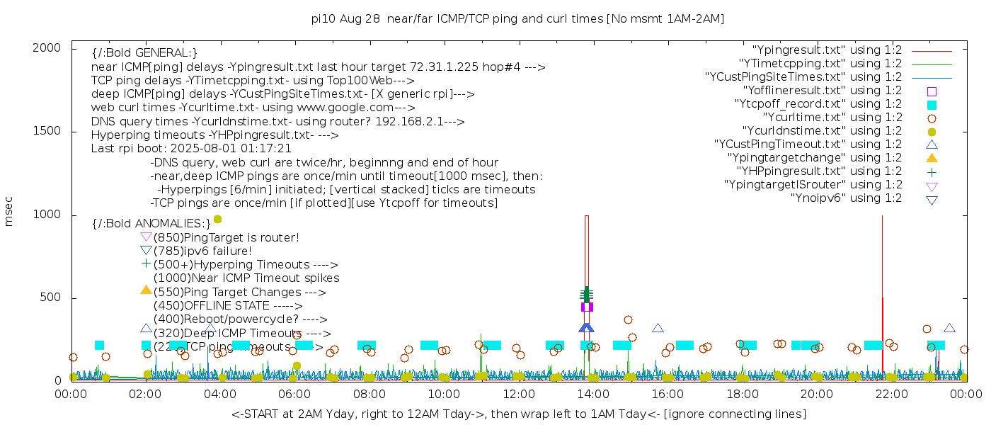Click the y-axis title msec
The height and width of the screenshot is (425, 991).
pos(9,212)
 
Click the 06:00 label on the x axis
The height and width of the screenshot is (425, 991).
pos(294,393)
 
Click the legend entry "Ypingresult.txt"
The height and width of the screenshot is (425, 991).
pos(827,50)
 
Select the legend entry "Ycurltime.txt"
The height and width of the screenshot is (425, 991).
pos(832,118)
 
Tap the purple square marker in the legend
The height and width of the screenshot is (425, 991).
pos(932,91)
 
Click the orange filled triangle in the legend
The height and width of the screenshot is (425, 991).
pos(932,158)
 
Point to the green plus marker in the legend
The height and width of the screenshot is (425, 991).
pos(932,171)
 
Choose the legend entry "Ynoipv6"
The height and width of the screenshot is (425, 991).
pos(846,198)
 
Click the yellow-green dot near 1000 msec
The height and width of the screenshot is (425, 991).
pos(218,220)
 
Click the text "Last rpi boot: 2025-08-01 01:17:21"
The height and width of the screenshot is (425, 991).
pos(191,149)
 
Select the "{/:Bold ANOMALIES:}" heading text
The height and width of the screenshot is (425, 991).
pos(151,224)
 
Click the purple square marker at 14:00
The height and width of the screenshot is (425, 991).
pos(587,307)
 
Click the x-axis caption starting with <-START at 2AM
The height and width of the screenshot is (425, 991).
pos(518,414)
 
